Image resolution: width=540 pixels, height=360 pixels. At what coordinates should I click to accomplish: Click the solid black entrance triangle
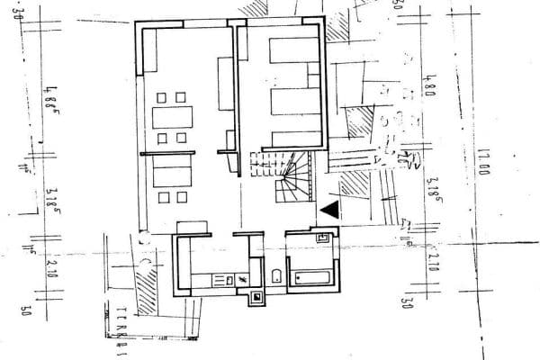pyautogui.click(x=331, y=210)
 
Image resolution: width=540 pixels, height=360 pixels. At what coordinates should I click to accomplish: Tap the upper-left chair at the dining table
pyautogui.click(x=161, y=96)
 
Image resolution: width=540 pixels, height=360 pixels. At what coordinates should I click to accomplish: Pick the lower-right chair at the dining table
pyautogui.click(x=181, y=138)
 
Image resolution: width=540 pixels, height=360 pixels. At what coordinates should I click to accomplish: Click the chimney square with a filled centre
pyautogui.click(x=256, y=297)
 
